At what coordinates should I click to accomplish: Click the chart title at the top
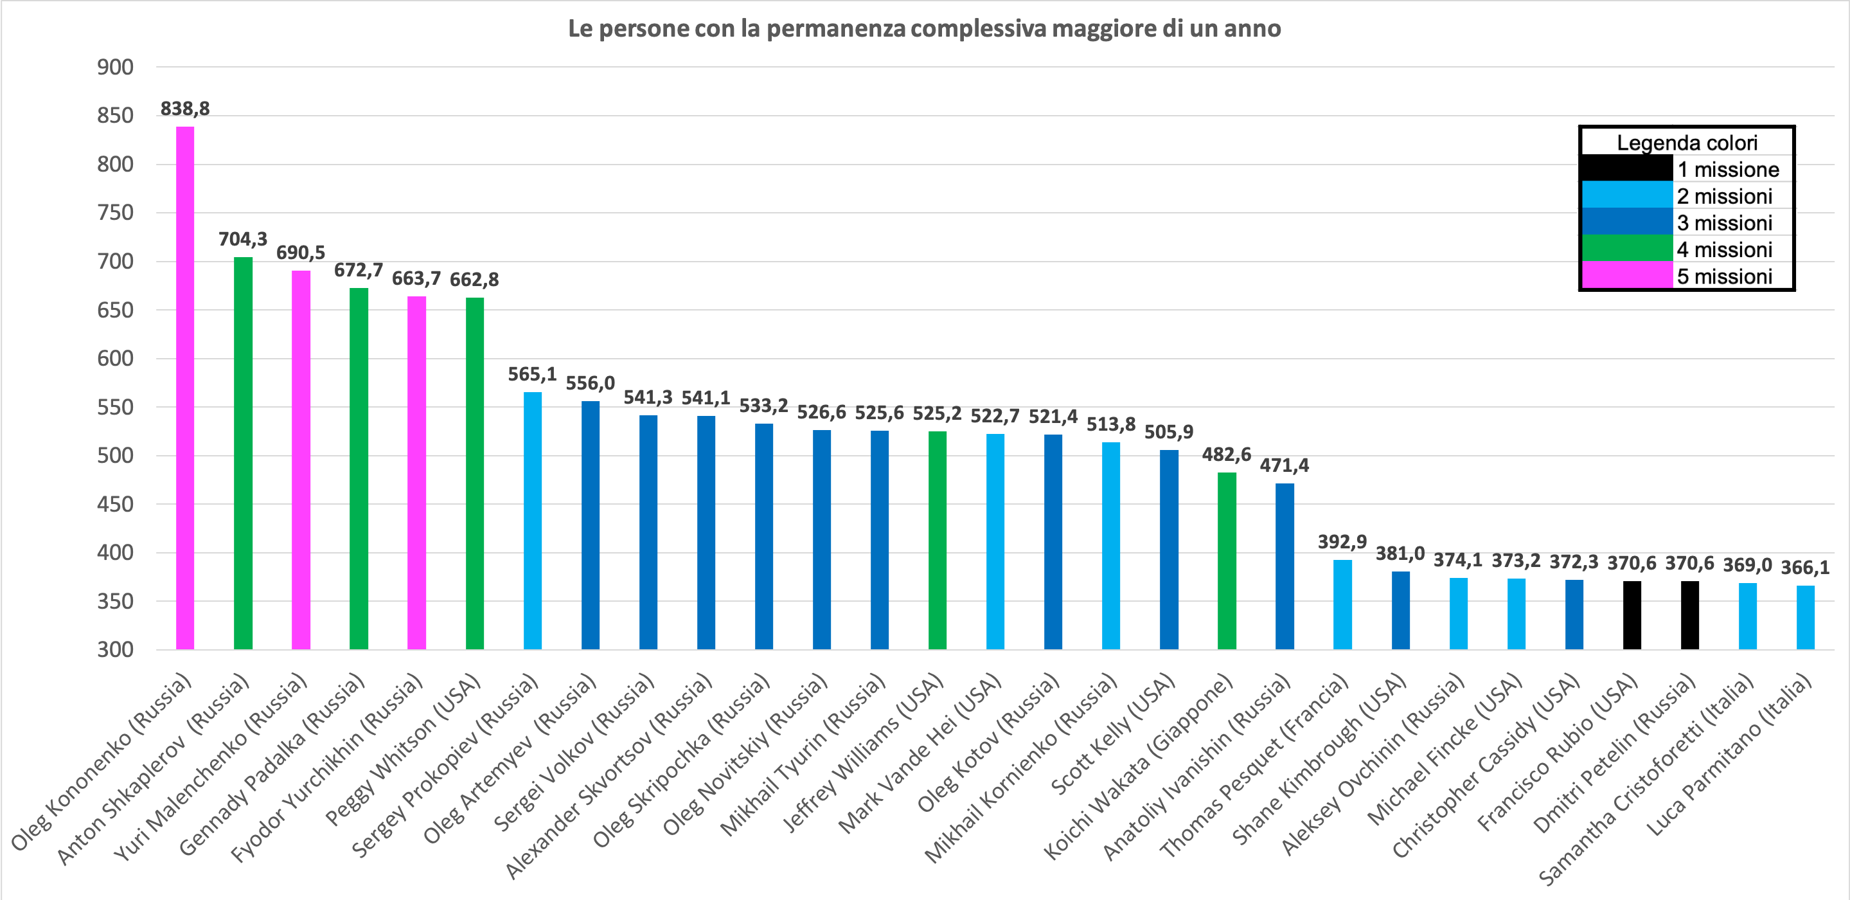[924, 29]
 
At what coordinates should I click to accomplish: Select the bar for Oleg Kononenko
[185, 388]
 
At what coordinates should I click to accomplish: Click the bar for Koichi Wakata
[1227, 561]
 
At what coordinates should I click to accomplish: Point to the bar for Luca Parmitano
[1806, 617]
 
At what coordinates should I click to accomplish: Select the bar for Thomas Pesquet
[1342, 604]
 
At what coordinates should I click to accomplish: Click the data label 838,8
[185, 109]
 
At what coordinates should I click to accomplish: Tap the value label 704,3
[243, 239]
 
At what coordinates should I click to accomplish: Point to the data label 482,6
[1227, 455]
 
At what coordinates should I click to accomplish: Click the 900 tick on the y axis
[116, 67]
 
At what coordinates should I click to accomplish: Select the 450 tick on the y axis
[116, 504]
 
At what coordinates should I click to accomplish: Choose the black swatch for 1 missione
[1626, 169]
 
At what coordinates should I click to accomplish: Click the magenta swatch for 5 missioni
[1626, 276]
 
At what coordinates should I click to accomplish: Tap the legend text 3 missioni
[1724, 222]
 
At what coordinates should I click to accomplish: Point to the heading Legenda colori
[1687, 142]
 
